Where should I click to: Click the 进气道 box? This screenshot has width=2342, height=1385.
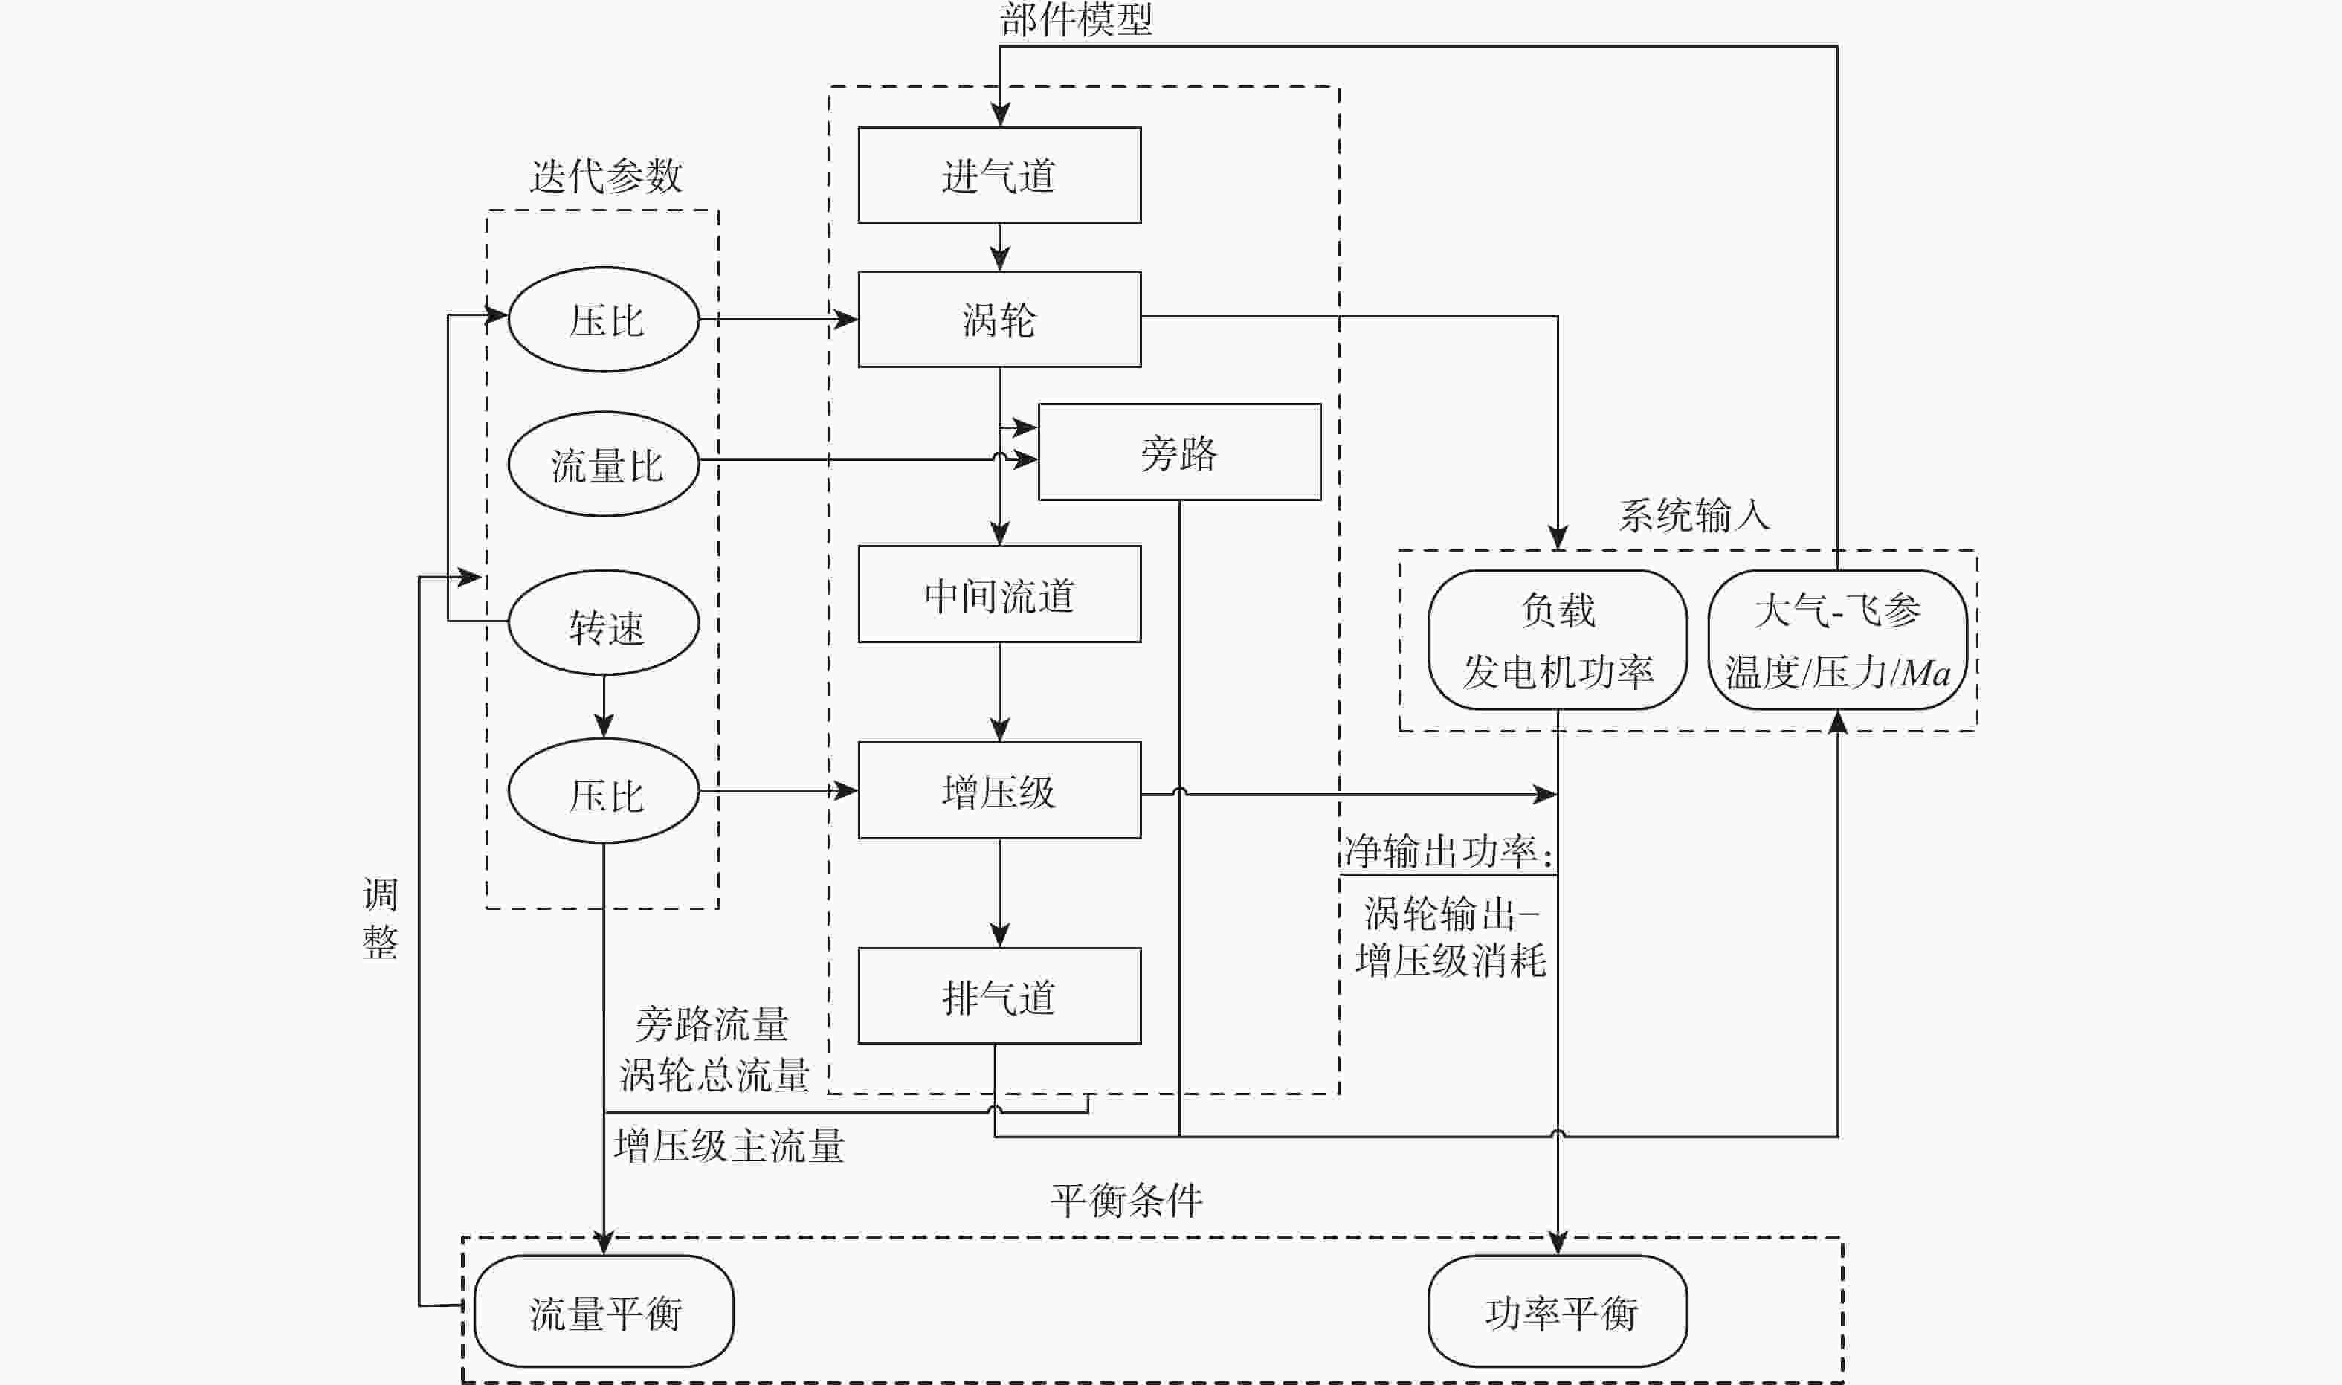pyautogui.click(x=999, y=175)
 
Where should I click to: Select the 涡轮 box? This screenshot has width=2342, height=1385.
pyautogui.click(x=999, y=319)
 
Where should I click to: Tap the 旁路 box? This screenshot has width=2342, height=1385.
pyautogui.click(x=1178, y=453)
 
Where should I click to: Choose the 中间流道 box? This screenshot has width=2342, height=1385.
pyautogui.click(x=999, y=595)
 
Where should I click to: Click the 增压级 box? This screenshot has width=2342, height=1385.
pyautogui.click(x=999, y=790)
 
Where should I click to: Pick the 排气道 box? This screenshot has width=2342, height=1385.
pyautogui.click(x=999, y=996)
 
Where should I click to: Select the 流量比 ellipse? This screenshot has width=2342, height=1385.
pyautogui.click(x=604, y=464)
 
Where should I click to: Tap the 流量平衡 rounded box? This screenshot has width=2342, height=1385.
pyautogui.click(x=604, y=1311)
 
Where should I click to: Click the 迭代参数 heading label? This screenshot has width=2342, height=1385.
pyautogui.click(x=605, y=175)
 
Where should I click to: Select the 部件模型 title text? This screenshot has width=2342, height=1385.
pyautogui.click(x=1075, y=19)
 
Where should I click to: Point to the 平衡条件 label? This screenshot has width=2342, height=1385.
pyautogui.click(x=1126, y=1200)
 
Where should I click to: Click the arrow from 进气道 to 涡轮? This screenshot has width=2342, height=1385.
pyautogui.click(x=999, y=248)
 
